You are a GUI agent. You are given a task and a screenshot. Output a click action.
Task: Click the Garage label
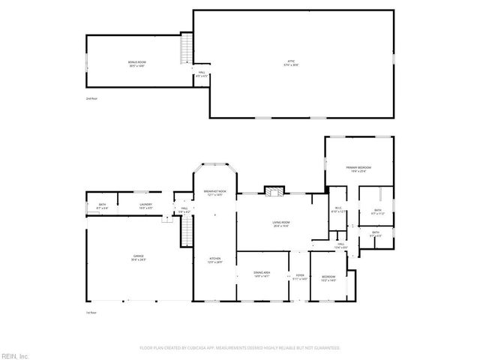[x=139, y=257]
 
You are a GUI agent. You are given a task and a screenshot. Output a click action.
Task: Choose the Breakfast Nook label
[x=214, y=193]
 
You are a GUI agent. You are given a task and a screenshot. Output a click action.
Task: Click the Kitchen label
[x=214, y=259]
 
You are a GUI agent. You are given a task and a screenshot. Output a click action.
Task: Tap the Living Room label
[x=281, y=223]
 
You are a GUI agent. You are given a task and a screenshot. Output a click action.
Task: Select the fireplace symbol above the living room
[x=273, y=191]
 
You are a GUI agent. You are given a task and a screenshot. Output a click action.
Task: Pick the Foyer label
[x=299, y=275]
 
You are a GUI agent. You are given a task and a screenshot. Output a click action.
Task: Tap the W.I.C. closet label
[x=339, y=210]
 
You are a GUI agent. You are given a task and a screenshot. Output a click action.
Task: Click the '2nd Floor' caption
[x=91, y=98]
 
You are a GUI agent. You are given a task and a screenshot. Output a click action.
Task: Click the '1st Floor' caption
[x=91, y=313]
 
